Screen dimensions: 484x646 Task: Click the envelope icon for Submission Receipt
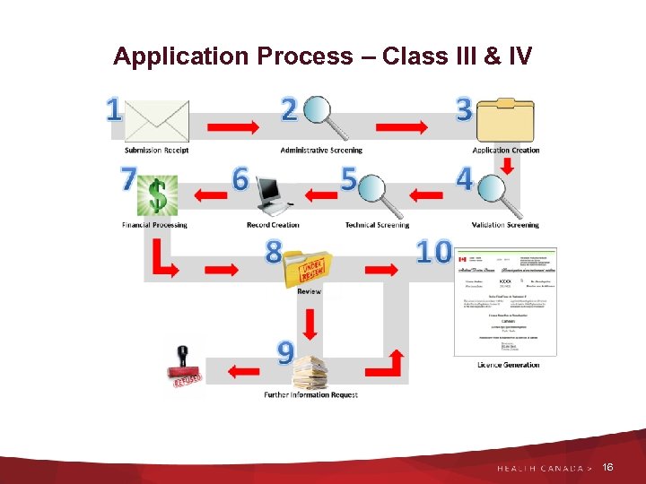(x=158, y=121)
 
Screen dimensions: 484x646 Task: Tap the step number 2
(x=289, y=109)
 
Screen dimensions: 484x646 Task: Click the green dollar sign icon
(x=158, y=194)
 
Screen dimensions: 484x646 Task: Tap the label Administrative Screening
(x=321, y=151)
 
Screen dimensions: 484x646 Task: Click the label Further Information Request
(x=310, y=395)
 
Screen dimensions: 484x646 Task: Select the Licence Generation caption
(x=509, y=365)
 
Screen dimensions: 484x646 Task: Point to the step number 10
(x=433, y=253)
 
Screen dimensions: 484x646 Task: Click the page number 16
(x=608, y=468)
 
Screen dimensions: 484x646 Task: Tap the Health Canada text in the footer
(x=539, y=469)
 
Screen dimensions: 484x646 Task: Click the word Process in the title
(x=304, y=56)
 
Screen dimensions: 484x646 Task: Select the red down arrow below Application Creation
(x=506, y=166)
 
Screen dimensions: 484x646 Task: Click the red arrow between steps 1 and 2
(x=227, y=126)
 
